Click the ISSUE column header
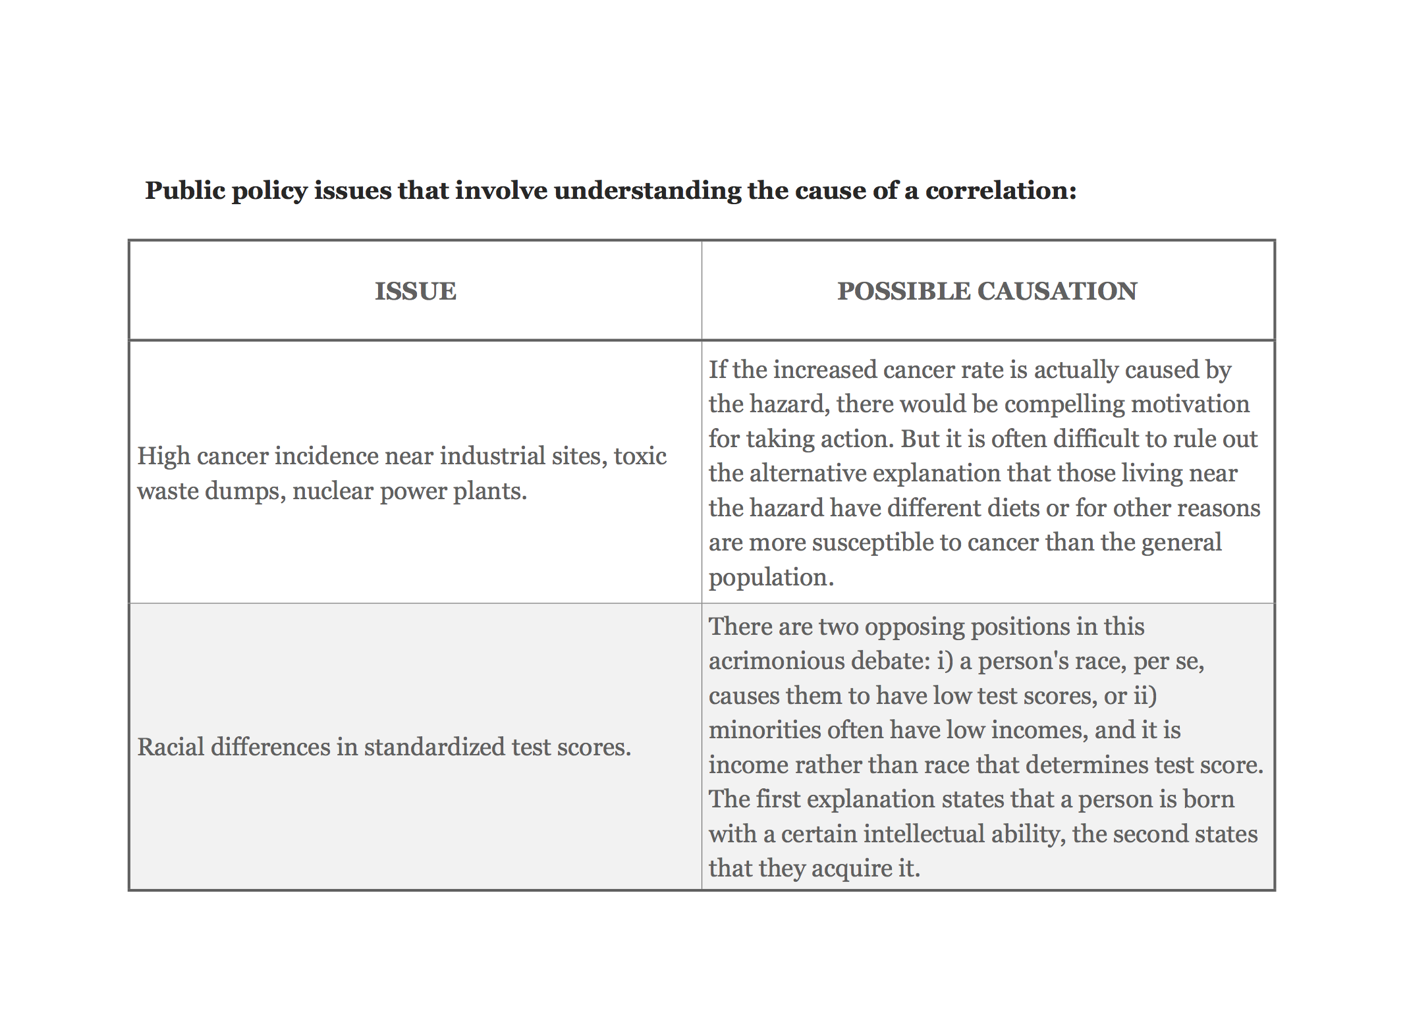point(415,291)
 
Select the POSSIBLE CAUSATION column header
point(987,291)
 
